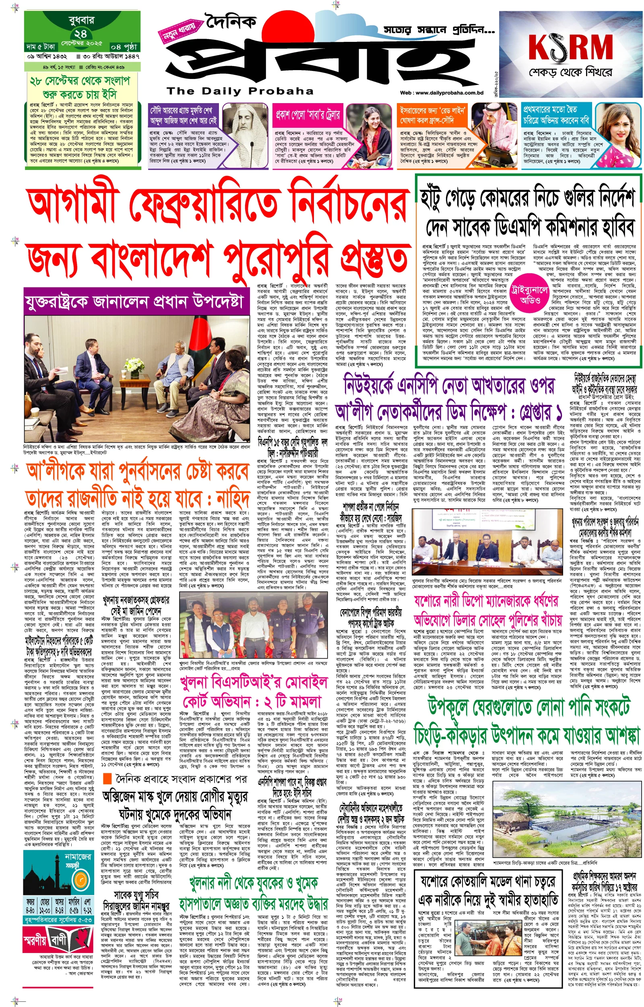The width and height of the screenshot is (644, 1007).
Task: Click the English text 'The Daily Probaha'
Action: [x=239, y=91]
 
